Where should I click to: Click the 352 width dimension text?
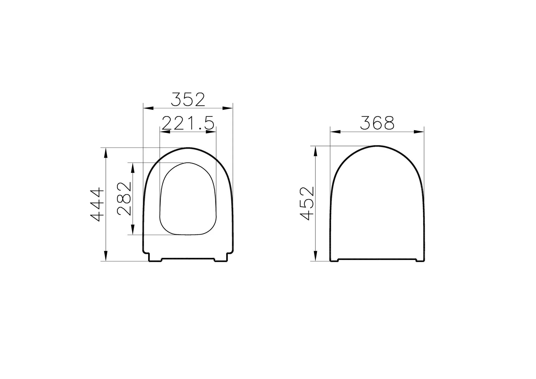click(188, 100)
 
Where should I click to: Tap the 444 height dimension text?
click(97, 204)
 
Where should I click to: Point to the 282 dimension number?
click(124, 199)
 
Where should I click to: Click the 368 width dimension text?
click(377, 123)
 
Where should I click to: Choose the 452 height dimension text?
click(307, 203)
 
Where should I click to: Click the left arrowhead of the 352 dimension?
click(148, 108)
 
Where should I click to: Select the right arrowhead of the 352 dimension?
click(228, 108)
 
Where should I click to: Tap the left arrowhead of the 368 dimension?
click(335, 132)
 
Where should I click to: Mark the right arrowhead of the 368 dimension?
click(419, 132)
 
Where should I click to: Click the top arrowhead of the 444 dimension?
click(106, 153)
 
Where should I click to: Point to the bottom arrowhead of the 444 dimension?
click(106, 256)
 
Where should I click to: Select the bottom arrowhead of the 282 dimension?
click(133, 230)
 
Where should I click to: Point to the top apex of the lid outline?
click(377, 146)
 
